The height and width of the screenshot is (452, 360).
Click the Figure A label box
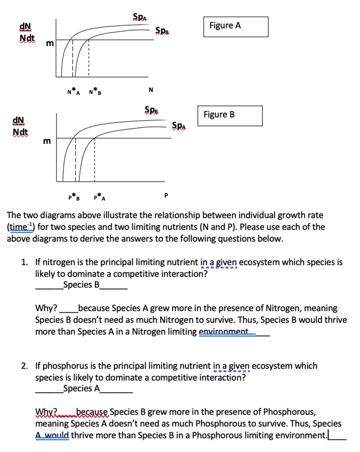tap(236, 26)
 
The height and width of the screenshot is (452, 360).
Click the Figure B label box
tap(230, 115)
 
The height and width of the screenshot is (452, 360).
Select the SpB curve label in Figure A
tap(162, 30)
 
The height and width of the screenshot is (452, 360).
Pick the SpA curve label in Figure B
tap(179, 125)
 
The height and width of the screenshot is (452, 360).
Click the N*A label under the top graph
tap(73, 93)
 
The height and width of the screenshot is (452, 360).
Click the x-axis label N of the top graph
tap(150, 90)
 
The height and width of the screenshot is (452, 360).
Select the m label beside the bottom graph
tap(46, 141)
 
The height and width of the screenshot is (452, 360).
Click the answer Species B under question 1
tap(81, 285)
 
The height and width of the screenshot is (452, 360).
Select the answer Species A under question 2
tap(81, 388)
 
